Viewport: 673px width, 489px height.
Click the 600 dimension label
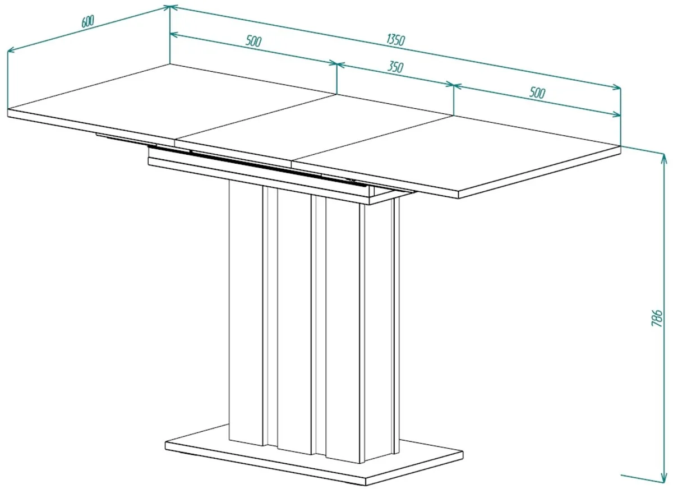(87, 21)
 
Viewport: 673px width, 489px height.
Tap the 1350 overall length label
(396, 40)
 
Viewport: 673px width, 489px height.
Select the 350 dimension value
(395, 67)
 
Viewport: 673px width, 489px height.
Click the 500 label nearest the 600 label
(253, 41)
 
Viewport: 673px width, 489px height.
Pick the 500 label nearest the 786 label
(537, 93)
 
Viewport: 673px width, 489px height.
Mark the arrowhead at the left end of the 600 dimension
(11, 50)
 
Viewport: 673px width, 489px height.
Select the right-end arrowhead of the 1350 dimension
(616, 87)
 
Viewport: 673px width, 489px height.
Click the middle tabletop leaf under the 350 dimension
(314, 128)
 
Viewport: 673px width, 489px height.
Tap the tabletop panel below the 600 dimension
(171, 102)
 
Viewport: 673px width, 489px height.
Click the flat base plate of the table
(314, 461)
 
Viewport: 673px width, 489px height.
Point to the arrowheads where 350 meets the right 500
(453, 85)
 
